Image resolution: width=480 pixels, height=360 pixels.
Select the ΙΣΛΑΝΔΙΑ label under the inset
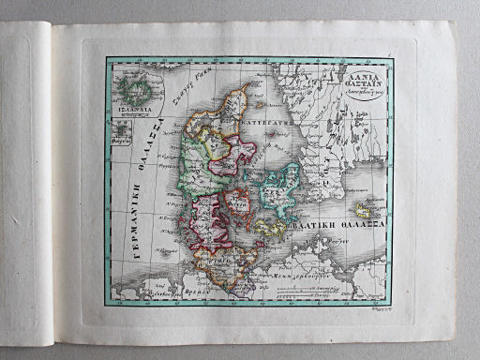(x=136, y=111)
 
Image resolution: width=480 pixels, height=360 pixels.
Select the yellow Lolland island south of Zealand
(x=268, y=227)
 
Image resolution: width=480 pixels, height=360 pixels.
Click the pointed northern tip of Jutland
(x=245, y=87)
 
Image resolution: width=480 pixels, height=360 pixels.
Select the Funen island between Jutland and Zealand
(x=239, y=201)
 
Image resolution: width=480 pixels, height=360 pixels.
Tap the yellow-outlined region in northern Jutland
(x=217, y=142)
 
